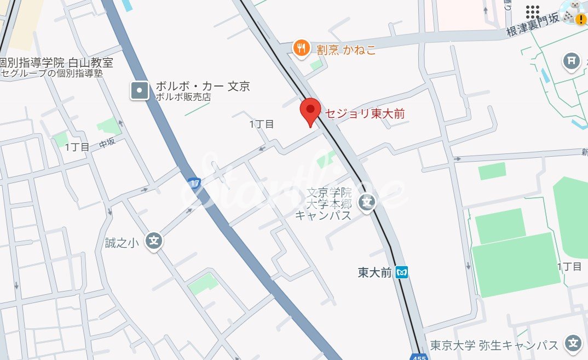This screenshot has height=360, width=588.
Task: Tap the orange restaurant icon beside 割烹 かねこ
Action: click(301, 49)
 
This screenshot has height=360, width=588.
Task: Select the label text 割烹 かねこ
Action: click(346, 50)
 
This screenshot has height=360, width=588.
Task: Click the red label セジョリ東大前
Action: click(365, 113)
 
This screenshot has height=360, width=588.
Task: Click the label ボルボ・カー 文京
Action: click(203, 87)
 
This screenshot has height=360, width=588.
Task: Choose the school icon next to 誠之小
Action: click(154, 241)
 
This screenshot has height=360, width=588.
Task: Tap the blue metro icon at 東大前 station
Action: click(402, 272)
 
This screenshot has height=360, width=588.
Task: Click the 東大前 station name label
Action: click(375, 272)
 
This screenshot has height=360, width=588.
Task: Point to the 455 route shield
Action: click(419, 357)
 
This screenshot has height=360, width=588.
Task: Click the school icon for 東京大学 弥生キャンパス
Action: click(573, 344)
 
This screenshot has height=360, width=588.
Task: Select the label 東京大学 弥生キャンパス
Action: click(494, 345)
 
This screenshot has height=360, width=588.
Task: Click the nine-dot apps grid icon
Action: click(532, 12)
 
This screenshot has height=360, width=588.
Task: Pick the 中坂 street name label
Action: click(107, 144)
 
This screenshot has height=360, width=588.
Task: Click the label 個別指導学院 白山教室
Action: click(56, 62)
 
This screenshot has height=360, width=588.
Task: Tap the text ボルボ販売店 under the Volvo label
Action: click(183, 98)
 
